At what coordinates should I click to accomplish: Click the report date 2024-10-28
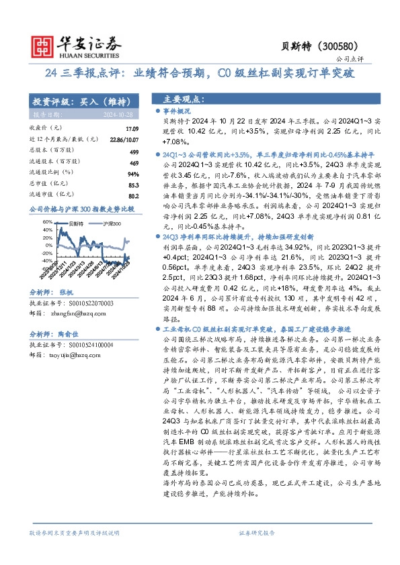[122, 113]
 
